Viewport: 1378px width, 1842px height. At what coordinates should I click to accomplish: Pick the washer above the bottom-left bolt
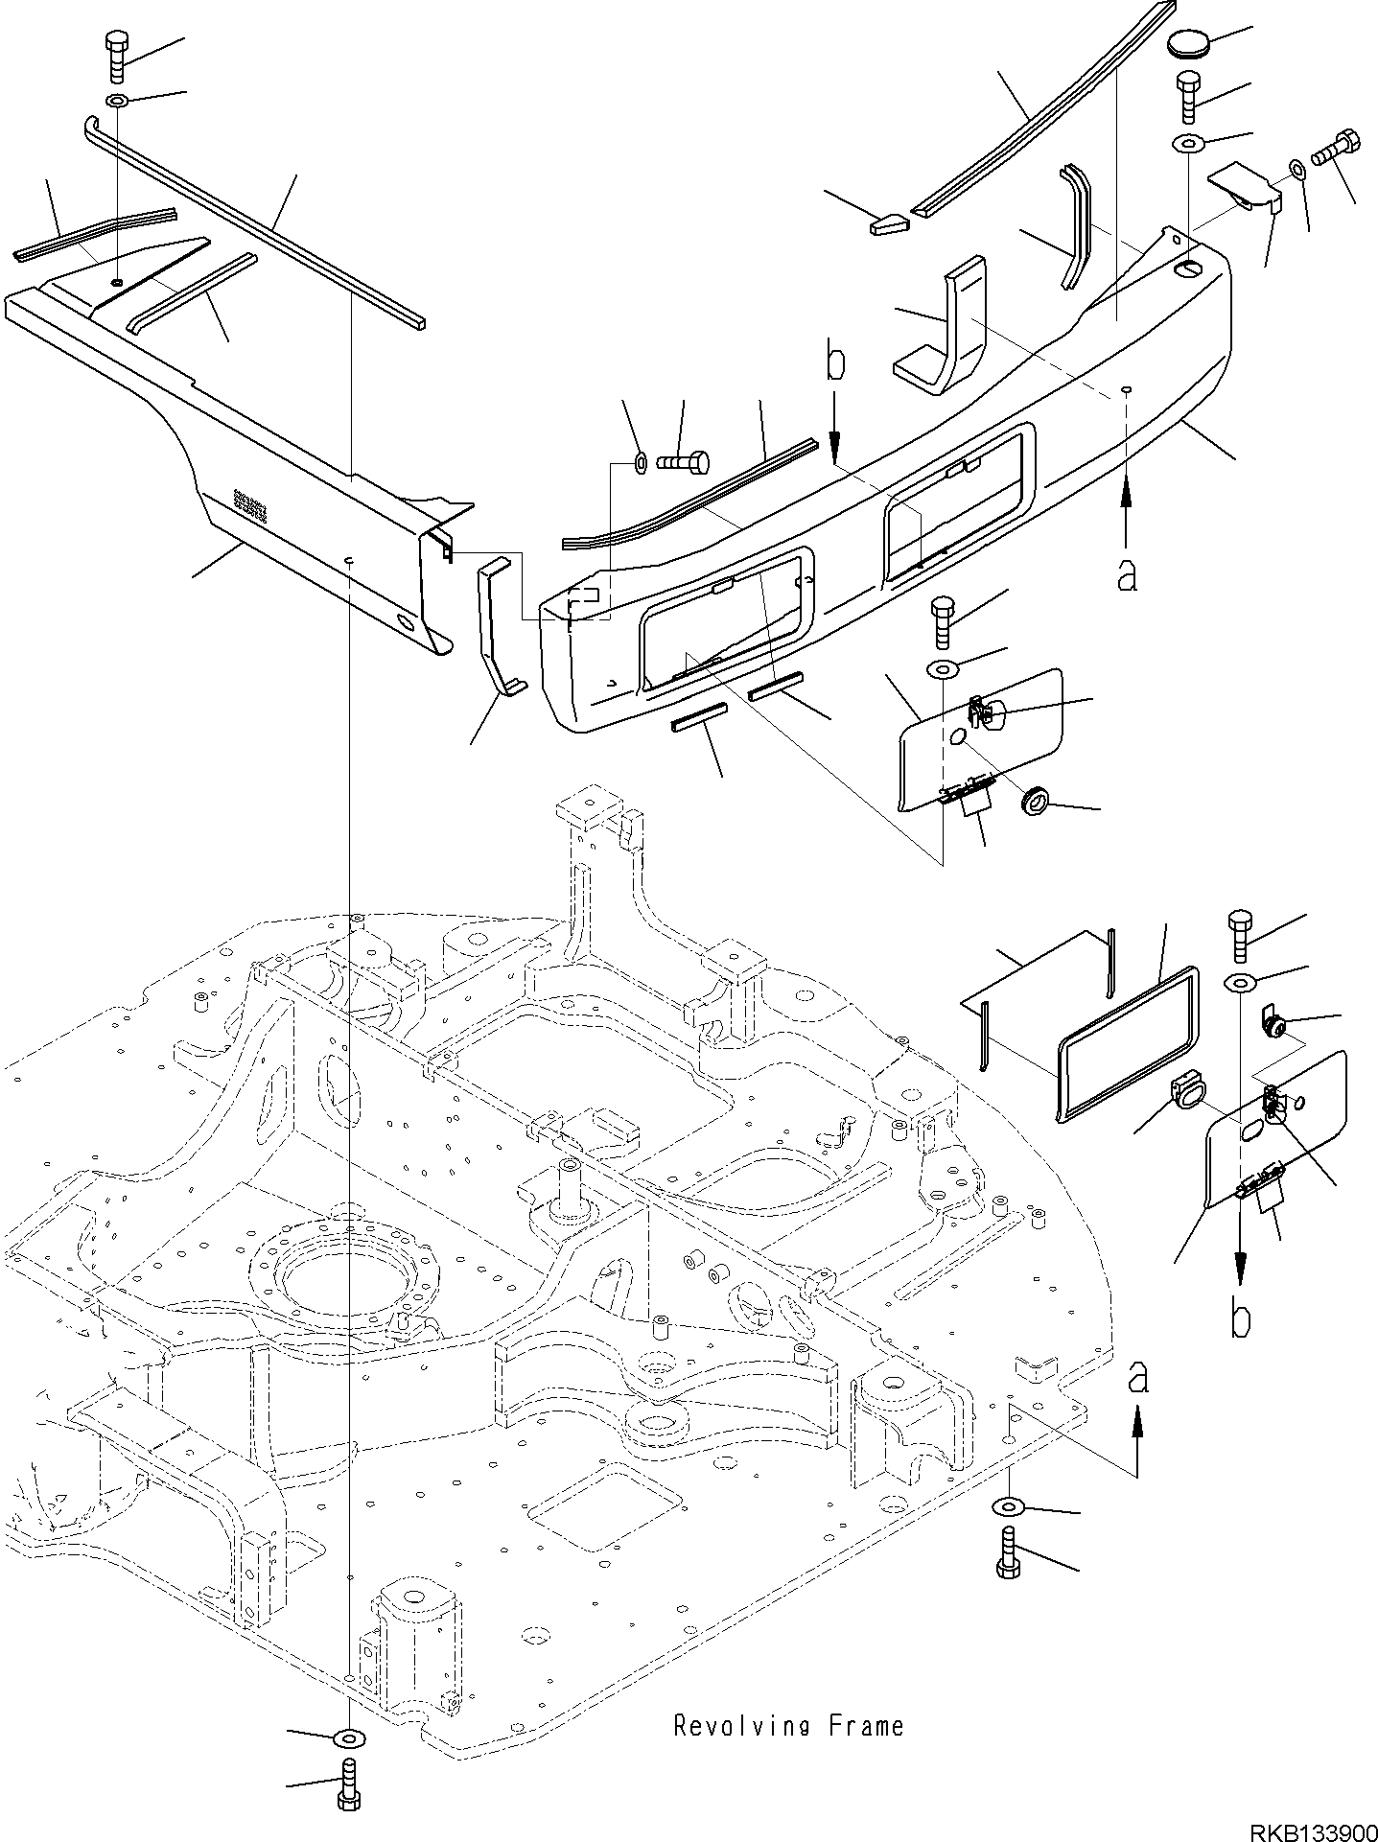[347, 1737]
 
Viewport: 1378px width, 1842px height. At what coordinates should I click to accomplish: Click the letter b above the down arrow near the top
[836, 363]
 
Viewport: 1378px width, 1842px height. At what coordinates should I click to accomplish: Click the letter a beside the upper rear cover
[1127, 574]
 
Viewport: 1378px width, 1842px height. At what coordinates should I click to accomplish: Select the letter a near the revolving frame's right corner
[1137, 1379]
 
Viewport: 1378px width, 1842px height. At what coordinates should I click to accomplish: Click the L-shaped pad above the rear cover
[943, 329]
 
